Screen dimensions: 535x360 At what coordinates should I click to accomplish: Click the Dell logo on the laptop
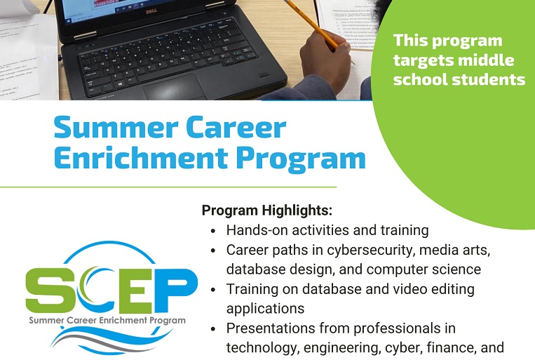point(151,11)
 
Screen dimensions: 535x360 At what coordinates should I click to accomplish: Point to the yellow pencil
point(312,25)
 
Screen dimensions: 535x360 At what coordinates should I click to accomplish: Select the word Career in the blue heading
point(236,127)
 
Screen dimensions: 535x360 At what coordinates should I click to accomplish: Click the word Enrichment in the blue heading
point(141,157)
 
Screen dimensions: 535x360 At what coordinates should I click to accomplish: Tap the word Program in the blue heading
point(301,159)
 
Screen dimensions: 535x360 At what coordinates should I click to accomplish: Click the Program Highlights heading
point(267,211)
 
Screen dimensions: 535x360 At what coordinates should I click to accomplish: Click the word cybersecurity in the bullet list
point(371,251)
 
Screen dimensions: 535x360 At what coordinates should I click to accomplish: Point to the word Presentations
point(270,328)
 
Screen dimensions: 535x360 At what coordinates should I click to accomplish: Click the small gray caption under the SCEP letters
point(107,321)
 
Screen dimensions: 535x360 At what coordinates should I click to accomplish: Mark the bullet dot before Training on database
point(214,290)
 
